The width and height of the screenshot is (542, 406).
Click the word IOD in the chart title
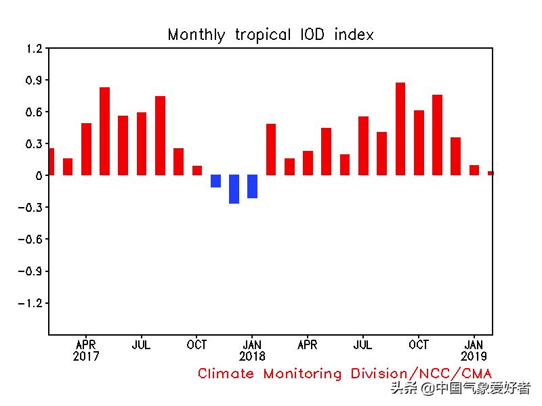309,35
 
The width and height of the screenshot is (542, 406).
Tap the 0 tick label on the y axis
39,175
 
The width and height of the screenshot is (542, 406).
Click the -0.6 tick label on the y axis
31,239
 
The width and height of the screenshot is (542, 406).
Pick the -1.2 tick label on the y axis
31,302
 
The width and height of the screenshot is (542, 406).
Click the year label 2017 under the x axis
86,356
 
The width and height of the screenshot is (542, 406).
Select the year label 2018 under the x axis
252,356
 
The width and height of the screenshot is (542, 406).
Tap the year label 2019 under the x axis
474,356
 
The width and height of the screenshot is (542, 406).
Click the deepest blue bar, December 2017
234,189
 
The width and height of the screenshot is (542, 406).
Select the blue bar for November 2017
215,181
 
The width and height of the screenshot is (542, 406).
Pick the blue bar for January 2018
252,186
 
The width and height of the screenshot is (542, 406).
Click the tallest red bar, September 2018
400,129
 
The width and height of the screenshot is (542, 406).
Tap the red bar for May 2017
104,131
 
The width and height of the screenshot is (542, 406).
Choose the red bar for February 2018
271,150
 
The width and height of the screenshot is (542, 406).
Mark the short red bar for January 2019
474,170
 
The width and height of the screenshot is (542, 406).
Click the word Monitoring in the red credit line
304,374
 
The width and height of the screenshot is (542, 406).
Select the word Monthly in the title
196,35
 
